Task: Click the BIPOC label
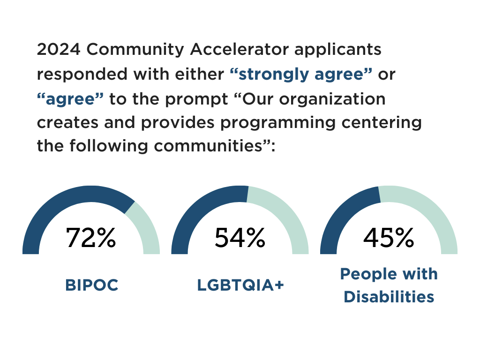(91, 285)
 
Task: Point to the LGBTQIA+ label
(240, 285)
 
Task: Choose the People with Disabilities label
(389, 285)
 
